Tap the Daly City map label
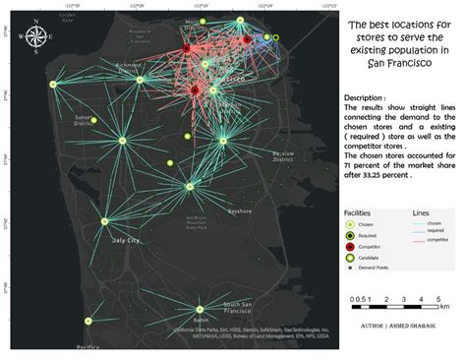tap(126, 239)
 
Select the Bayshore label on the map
tap(241, 210)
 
